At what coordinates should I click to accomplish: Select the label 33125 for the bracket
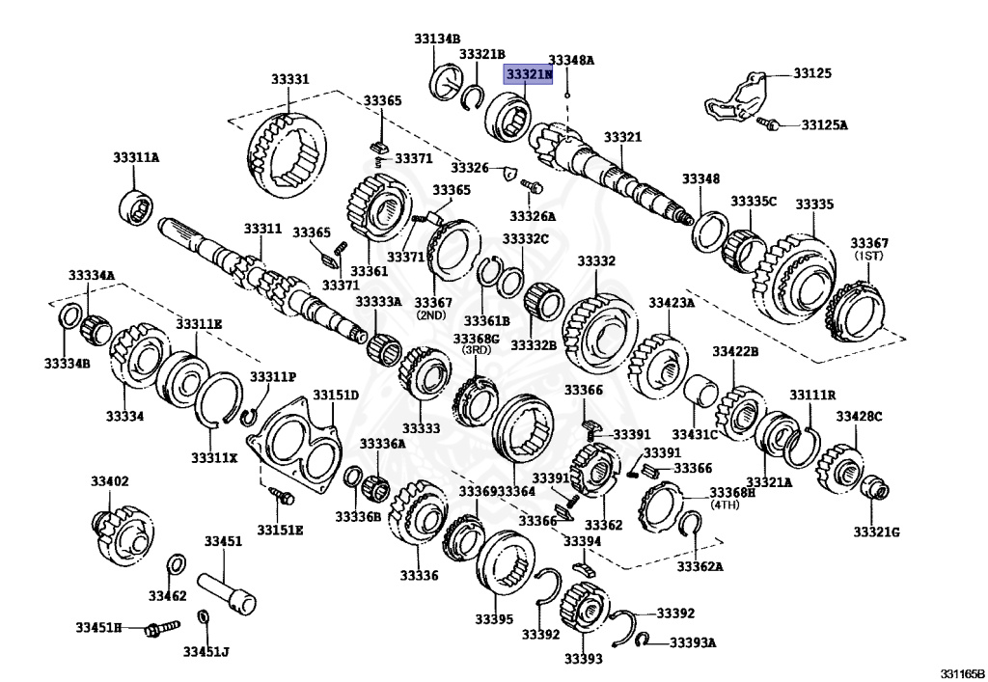coord(812,73)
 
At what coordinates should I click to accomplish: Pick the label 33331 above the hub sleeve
coord(288,79)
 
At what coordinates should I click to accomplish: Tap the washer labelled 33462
coord(178,565)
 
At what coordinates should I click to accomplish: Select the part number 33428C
coord(859,417)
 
